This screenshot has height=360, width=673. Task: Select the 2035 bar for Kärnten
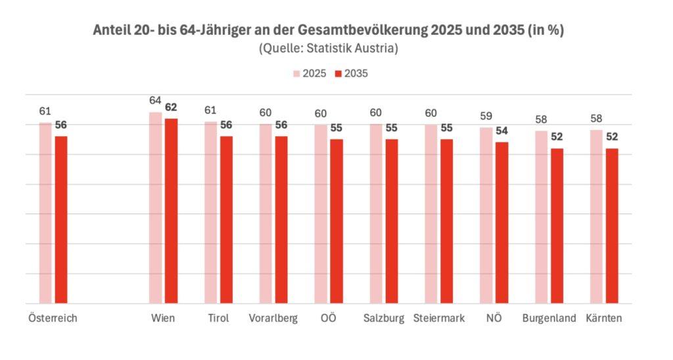tap(611, 226)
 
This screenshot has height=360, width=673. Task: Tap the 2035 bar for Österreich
tap(61, 219)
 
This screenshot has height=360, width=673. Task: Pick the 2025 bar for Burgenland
tap(541, 217)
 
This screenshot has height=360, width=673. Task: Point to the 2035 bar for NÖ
tap(501, 223)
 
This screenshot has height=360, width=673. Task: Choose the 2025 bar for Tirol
tap(210, 212)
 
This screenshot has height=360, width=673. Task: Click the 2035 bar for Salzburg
tap(391, 221)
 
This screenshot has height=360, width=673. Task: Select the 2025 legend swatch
tap(296, 74)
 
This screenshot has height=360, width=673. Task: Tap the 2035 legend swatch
tap(339, 74)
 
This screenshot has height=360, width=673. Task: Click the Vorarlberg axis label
tap(273, 319)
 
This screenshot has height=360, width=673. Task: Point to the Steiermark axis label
tap(439, 319)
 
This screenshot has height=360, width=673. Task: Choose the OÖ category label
tap(329, 319)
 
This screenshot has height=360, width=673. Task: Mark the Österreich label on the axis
tap(53, 319)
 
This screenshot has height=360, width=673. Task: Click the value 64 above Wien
tap(155, 101)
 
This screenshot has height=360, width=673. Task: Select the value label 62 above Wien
tap(171, 108)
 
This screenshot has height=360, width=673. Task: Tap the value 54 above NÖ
tap(501, 131)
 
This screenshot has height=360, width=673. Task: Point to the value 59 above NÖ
tap(486, 116)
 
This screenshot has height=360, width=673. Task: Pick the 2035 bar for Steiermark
tap(446, 221)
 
